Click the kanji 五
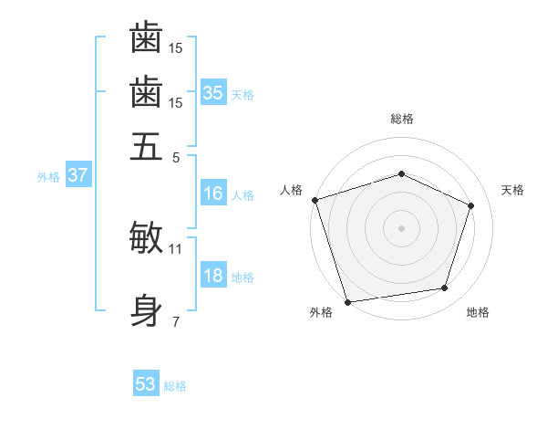146,146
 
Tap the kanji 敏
146,237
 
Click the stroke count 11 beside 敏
176,248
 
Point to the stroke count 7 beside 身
176,320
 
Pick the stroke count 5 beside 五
176,156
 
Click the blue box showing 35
213,93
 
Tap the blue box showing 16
213,194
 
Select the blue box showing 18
213,277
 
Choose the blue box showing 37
77,175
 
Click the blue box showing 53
146,384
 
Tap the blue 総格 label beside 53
175,386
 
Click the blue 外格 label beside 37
48,177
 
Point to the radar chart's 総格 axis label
402,119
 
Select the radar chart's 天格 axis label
512,190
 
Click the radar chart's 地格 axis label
478,312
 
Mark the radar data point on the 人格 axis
315,200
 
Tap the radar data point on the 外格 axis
348,301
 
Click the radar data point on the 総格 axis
402,173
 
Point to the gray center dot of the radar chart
402,227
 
